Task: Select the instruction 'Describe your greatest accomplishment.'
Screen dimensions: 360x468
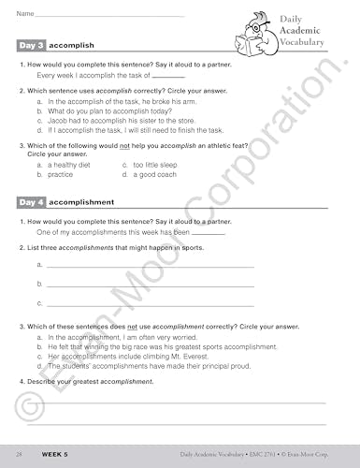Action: [x=90, y=382]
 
